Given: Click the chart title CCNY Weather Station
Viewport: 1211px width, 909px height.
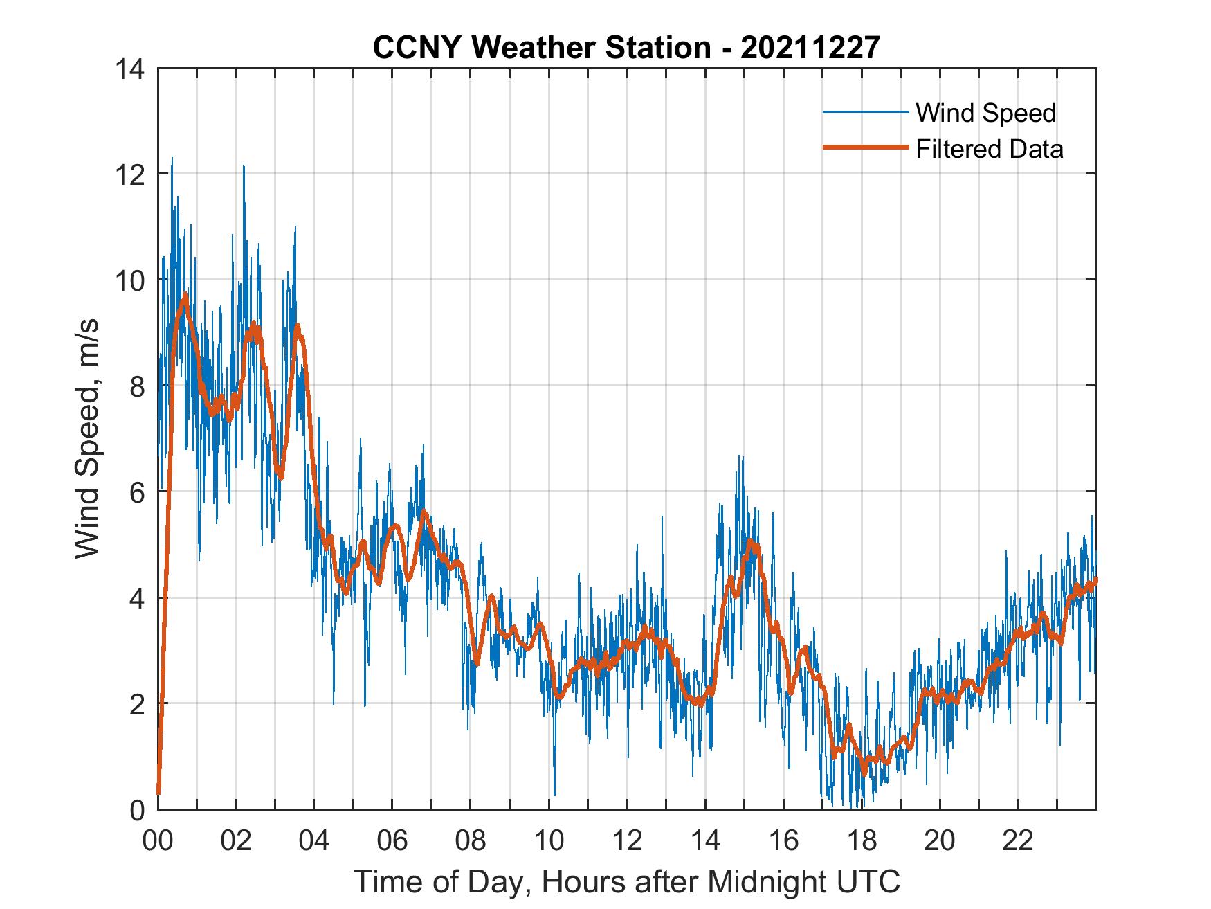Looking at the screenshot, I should [626, 48].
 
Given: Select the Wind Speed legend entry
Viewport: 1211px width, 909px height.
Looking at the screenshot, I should [985, 113].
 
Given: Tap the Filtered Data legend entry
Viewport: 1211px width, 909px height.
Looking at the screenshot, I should [989, 149].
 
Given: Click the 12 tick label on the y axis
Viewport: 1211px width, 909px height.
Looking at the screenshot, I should [131, 174].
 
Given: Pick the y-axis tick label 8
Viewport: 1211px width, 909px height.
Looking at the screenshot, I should [137, 386].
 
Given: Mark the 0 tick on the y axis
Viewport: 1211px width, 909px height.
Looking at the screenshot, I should [137, 810].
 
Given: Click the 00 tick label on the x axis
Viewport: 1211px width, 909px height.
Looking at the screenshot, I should [158, 842].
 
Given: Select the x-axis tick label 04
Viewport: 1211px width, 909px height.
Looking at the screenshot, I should [314, 842].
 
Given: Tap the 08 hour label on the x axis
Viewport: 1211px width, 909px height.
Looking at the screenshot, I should [471, 842].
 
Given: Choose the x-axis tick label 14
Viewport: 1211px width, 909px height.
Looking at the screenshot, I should [705, 842].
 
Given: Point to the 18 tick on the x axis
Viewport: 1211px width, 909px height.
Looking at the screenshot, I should [862, 842].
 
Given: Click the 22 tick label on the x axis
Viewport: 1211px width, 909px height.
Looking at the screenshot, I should [1018, 842].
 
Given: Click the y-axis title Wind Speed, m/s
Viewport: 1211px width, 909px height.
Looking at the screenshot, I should [87, 438].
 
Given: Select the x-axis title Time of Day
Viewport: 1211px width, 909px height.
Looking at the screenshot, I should [627, 882].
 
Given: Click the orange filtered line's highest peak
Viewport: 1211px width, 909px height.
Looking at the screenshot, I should [185, 296].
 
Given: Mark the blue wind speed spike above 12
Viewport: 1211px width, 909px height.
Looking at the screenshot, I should [172, 159].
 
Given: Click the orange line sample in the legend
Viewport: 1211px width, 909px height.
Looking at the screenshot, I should [865, 148].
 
